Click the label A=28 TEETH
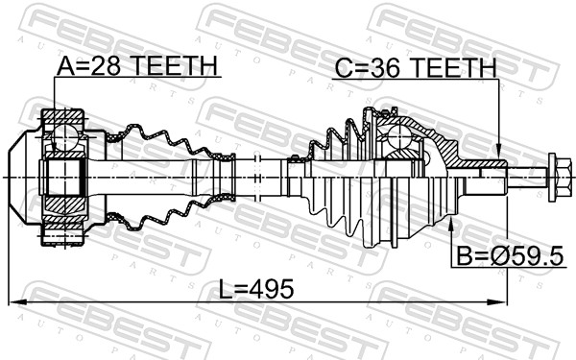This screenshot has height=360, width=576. pyautogui.click(x=137, y=65)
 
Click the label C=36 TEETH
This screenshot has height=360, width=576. pyautogui.click(x=416, y=67)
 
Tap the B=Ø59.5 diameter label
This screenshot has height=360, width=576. pyautogui.click(x=510, y=256)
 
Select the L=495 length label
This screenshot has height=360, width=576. pyautogui.click(x=256, y=289)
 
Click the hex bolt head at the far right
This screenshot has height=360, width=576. pyautogui.click(x=559, y=178)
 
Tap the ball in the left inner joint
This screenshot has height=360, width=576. pyautogui.click(x=65, y=136)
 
